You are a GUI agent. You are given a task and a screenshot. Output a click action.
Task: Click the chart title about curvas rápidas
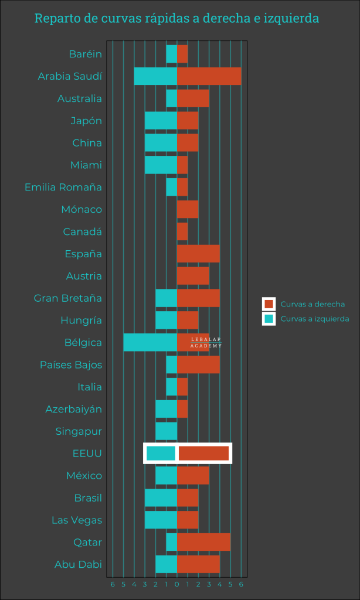pos(176,19)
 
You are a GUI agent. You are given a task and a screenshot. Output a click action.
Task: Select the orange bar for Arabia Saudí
pos(209,76)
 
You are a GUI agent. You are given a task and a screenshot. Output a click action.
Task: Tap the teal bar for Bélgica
pos(150,342)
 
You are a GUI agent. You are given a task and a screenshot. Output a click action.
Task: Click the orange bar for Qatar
pos(203,542)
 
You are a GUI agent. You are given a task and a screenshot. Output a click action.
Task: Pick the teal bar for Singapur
pos(166,431)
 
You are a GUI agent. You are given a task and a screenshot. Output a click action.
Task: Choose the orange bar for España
pos(198,254)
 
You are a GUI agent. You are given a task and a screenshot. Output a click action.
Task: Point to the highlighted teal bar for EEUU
pos(161,454)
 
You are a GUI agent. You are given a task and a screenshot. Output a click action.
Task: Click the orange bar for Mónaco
pos(188,209)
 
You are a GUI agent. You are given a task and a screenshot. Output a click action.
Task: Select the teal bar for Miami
pos(161,165)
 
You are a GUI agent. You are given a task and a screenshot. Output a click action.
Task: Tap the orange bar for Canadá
pos(182,231)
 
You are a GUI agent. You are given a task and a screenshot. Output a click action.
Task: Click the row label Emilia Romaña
pos(63,187)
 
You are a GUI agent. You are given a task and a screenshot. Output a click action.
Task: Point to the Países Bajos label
pos(71,365)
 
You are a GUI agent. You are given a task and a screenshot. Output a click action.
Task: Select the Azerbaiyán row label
pos(74,409)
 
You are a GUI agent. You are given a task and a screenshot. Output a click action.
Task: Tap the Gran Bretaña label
pos(68,298)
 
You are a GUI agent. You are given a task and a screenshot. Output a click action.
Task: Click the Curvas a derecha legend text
pos(313,304)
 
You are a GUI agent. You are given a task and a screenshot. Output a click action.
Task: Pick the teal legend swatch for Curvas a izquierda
pos(269,319)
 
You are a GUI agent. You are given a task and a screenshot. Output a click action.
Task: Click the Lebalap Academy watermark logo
pos(206,343)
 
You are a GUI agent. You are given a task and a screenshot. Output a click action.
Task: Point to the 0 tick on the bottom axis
pos(176,584)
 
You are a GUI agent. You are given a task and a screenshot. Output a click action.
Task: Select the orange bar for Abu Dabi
pos(198,564)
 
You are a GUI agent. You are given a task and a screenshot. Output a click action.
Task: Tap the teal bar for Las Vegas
pos(161,520)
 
